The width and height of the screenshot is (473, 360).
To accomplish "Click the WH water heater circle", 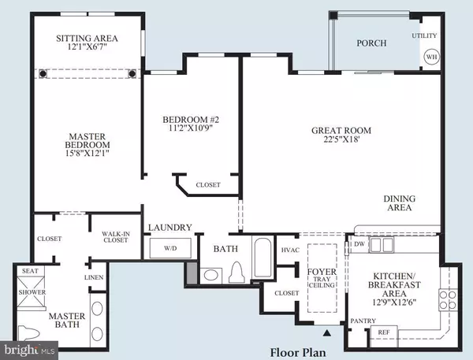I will click(x=430, y=58).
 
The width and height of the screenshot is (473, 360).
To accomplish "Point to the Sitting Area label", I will click(x=87, y=39).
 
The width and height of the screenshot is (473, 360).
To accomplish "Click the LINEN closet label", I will click(x=92, y=277).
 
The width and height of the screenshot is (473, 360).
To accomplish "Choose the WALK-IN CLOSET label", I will click(x=115, y=237).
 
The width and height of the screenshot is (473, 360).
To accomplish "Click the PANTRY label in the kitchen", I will click(x=363, y=321).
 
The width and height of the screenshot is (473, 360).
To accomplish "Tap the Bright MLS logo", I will click(x=29, y=347).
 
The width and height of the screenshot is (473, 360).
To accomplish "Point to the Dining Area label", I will click(x=399, y=204).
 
